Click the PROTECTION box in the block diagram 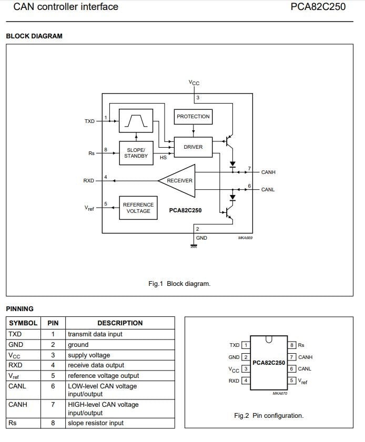click(193, 117)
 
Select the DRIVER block click(193, 147)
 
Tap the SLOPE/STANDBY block click(136, 153)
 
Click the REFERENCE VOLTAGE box click(138, 208)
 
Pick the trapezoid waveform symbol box click(136, 121)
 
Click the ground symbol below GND click(194, 246)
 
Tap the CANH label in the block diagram click(268, 172)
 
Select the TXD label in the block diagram click(89, 121)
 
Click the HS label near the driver click(164, 158)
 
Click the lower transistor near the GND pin click(229, 212)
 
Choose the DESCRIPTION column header click(120, 323)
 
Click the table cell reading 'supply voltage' click(120, 355)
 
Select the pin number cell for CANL click(53, 390)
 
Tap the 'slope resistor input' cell click(120, 423)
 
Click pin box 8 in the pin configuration click(292, 345)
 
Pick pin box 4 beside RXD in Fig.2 click(246, 381)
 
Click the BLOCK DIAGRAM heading click(34, 36)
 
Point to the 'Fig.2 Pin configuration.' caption click(269, 416)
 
